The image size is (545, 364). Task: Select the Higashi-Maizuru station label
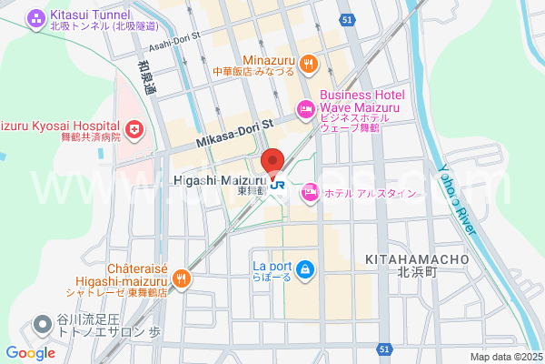tap(218, 181)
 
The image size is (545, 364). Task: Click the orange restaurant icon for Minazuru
tap(309, 63)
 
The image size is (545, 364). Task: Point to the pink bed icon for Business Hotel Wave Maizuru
tap(305, 110)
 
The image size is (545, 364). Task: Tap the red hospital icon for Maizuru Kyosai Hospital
tap(134, 130)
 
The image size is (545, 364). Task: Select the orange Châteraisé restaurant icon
tap(182, 278)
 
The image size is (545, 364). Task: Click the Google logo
tap(30, 353)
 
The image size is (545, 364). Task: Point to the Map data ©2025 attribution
tap(505, 357)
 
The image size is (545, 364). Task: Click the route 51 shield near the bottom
tap(385, 349)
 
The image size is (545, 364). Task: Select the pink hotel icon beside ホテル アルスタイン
tap(310, 191)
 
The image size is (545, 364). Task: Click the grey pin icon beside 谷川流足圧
tap(42, 325)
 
